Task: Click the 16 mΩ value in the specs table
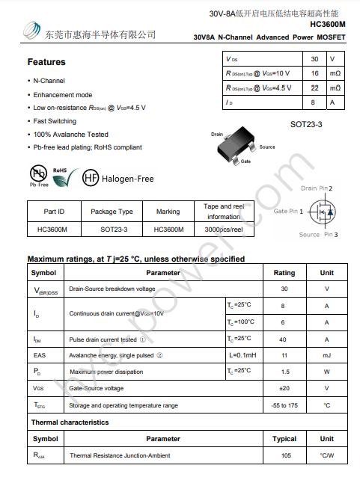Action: click(x=314, y=73)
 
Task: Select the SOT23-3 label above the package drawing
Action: click(x=306, y=124)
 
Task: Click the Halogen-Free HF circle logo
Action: click(x=91, y=178)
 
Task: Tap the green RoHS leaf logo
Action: click(x=63, y=176)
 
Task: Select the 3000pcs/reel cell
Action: click(x=224, y=230)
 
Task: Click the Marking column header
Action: click(x=168, y=212)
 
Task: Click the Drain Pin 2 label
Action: click(x=317, y=188)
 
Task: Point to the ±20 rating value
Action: click(x=284, y=388)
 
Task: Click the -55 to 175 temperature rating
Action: click(x=284, y=405)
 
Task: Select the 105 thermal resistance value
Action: click(x=286, y=455)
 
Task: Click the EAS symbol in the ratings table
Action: click(x=40, y=355)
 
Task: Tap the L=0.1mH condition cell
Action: click(x=242, y=355)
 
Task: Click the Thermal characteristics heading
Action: click(x=70, y=422)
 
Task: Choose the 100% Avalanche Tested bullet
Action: click(x=71, y=134)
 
